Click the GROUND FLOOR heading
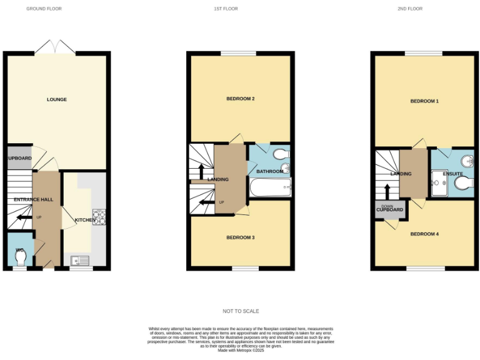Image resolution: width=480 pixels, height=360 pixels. pos(44,9)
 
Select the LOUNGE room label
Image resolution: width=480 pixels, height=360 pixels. pos(57,99)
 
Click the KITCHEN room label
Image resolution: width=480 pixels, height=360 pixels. pos(85,220)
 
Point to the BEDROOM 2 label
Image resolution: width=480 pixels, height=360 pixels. pos(241,99)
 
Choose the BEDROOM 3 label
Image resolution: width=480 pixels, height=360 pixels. pos(241,237)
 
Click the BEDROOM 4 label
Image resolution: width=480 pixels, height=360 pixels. pos(424,234)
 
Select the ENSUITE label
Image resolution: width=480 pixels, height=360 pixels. pos(453,173)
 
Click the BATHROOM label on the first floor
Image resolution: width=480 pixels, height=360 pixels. pos(270,171)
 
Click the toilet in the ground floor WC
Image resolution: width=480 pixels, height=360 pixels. pos(19,256)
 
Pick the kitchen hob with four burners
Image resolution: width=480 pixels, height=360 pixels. pos(98,216)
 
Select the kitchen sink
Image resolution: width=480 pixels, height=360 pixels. pos(80,261)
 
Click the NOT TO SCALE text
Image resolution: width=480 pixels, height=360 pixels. pos(241,311)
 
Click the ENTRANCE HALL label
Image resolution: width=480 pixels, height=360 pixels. pos(35,199)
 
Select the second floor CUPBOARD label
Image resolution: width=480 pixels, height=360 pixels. pos(389,209)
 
